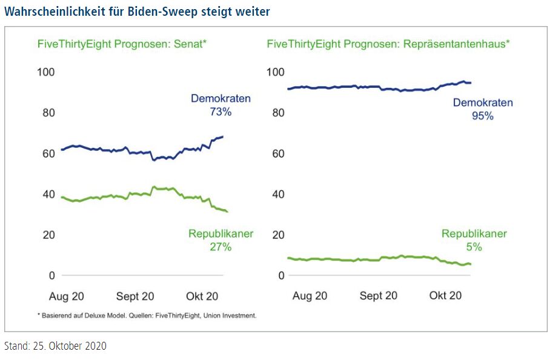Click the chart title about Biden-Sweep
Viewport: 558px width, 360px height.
point(137,12)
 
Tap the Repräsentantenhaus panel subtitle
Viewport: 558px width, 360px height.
point(388,44)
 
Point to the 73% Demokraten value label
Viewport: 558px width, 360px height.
point(221,112)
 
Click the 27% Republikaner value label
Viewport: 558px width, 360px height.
point(221,247)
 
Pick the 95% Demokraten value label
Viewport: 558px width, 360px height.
point(482,116)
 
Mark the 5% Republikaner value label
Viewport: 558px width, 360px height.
point(474,247)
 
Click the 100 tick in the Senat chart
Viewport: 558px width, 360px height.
point(46,72)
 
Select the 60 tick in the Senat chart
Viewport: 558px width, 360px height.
point(48,153)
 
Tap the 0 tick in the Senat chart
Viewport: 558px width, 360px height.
point(51,275)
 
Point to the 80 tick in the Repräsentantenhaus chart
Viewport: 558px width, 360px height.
point(277,113)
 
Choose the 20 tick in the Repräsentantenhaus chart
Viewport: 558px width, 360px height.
point(277,235)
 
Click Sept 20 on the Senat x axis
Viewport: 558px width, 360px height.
point(135,296)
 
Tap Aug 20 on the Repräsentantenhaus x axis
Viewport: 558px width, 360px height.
point(310,296)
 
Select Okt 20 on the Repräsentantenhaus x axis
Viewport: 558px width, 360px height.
point(445,296)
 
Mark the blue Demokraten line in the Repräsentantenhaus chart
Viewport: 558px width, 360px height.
point(364,87)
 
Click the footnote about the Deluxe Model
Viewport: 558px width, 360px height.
point(147,316)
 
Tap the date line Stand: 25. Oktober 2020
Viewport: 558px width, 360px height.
point(55,346)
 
